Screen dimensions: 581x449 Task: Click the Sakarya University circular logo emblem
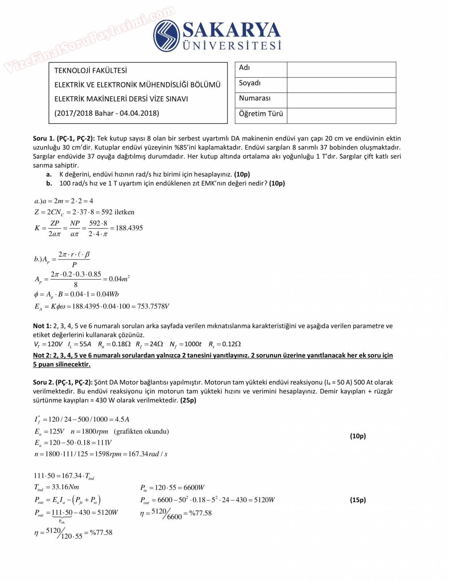coord(167,36)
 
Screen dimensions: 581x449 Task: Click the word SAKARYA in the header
coord(232,30)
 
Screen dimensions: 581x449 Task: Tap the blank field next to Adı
coord(341,70)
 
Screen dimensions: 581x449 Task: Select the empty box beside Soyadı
coord(341,85)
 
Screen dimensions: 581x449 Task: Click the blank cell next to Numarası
coord(341,100)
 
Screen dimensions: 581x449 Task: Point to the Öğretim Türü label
coord(261,114)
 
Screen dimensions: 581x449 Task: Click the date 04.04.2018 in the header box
coord(139,113)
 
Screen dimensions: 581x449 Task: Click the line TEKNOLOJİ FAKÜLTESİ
coord(91,71)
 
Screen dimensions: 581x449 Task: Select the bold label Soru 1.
coord(44,138)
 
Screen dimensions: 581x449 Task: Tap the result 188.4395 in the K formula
coord(129,228)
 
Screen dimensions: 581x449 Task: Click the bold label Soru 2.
coord(44,382)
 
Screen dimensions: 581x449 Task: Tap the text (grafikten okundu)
coord(141,431)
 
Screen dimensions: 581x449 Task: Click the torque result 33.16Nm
coord(65,487)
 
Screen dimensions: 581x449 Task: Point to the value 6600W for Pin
coord(194,488)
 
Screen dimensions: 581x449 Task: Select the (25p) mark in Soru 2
coord(188,400)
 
